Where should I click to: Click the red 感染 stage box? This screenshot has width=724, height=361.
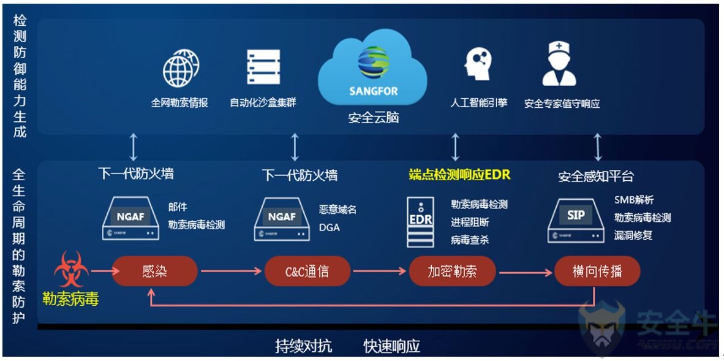pos(154,271)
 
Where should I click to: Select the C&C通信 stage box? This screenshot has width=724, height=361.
pos(307,271)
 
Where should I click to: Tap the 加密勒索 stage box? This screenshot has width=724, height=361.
pos(452,271)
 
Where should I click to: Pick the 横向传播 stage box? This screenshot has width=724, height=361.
pos(597,271)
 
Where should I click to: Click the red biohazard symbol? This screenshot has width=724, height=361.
pos(71,270)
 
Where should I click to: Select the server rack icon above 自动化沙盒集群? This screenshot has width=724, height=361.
pos(263,67)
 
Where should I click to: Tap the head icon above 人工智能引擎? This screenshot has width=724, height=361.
pos(478,65)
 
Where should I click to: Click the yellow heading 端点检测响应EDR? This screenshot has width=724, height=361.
pos(459,175)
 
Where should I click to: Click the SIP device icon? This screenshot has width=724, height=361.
pos(575,220)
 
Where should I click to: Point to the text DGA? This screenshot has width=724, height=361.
pos(329,227)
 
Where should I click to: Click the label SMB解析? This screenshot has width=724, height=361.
pos(633,200)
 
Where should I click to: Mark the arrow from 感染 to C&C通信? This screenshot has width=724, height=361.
pos(231,271)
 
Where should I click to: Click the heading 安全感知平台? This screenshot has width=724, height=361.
pos(596,176)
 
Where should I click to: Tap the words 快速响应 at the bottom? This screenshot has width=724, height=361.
pos(391,346)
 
